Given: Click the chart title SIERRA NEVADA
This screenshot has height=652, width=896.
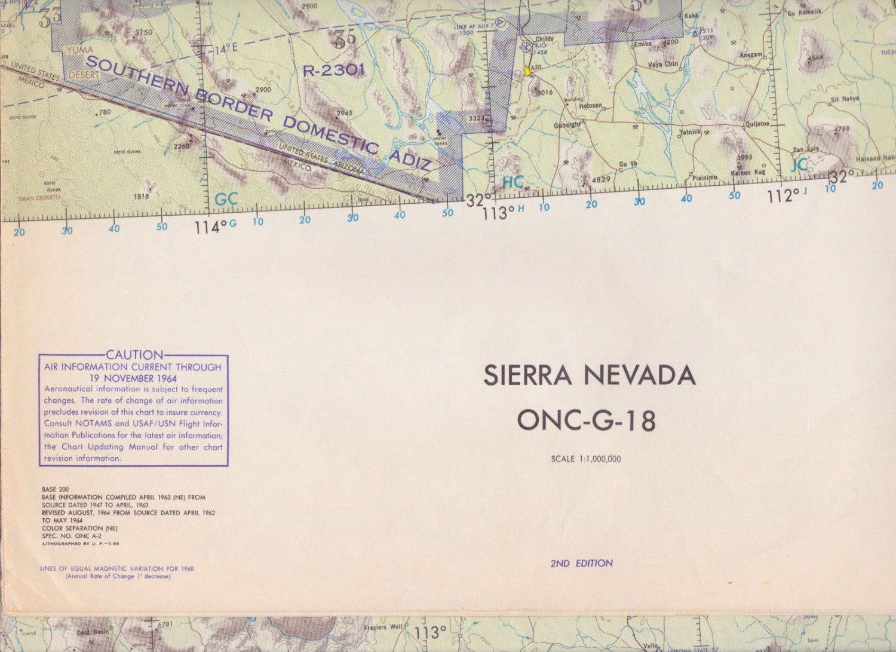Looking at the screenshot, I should point(590,376).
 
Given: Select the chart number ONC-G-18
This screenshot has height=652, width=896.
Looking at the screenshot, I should point(586,420).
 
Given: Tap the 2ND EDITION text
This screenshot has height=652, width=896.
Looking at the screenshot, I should point(581,563).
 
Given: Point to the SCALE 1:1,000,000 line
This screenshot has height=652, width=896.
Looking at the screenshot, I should point(585,459).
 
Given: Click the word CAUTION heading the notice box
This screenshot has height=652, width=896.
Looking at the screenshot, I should point(134,355).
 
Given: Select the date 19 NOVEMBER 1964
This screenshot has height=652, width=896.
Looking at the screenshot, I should point(133,378).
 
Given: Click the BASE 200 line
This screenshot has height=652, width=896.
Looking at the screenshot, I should point(55,489).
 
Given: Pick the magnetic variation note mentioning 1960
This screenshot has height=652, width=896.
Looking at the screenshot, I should point(117,568).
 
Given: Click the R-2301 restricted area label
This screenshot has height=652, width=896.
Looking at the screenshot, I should point(334,71).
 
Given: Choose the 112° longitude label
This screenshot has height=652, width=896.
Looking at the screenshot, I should point(783,195).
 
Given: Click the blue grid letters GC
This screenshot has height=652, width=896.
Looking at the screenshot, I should point(226,199).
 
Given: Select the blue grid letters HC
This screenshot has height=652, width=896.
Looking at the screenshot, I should point(513,182).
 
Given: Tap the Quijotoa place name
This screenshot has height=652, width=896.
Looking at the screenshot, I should point(757,124).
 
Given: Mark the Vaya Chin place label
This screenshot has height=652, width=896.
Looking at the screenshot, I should point(663,64).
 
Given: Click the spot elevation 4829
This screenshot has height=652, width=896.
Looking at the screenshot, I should point(600,179).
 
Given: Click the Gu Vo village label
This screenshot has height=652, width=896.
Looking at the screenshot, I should point(627,163).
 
